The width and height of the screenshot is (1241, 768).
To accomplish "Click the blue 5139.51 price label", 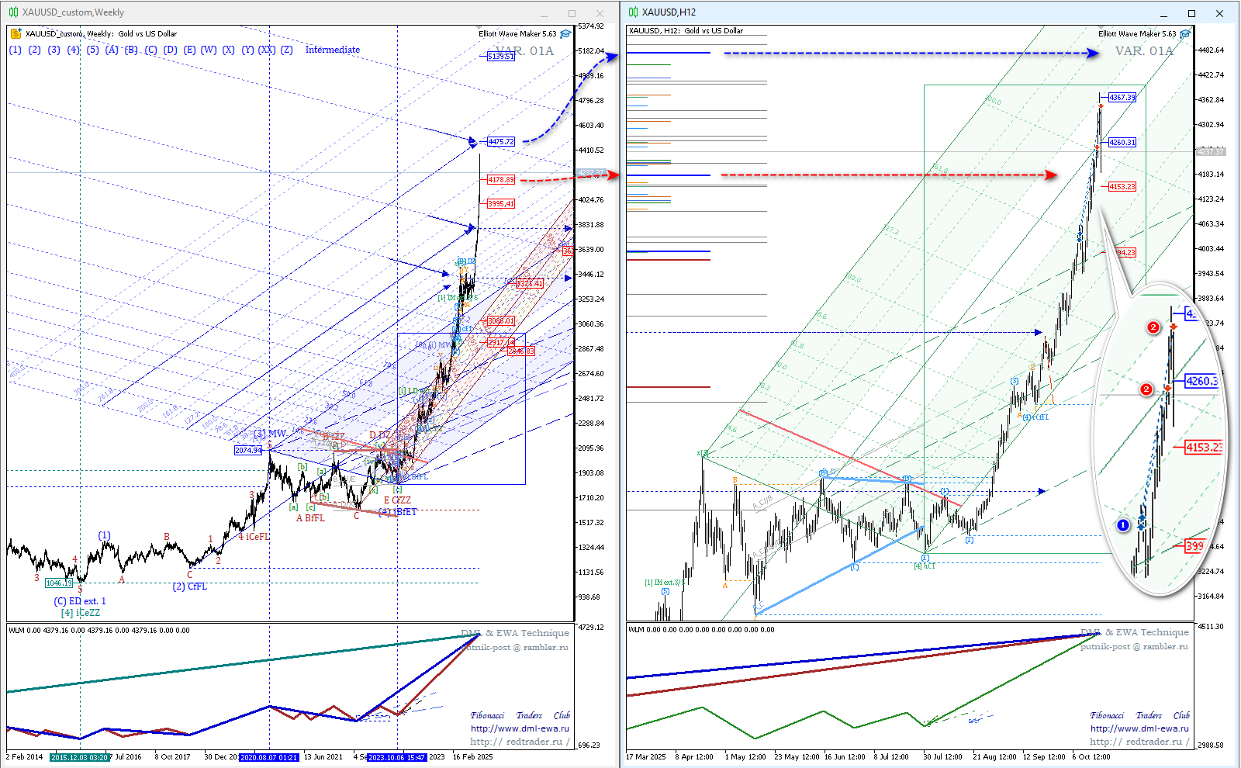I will pos(501,57).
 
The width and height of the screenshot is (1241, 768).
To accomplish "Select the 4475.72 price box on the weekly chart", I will pos(501,142).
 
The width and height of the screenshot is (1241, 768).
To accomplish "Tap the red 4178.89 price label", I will pos(501,180).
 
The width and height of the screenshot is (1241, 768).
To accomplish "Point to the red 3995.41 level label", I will pos(501,204).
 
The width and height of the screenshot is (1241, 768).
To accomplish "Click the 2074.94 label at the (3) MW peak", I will pos(248,451).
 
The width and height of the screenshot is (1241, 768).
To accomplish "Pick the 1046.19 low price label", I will pos(58,583).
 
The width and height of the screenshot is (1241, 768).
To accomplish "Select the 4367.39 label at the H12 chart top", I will pos(1122,98).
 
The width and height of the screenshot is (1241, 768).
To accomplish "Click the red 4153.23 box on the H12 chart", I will pos(1122,187).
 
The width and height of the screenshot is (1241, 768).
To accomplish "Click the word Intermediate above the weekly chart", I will pos(332,50).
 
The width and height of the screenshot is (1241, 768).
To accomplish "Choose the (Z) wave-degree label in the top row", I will pos(286,50).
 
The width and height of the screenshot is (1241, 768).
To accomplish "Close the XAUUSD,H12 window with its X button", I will pos(1219,13).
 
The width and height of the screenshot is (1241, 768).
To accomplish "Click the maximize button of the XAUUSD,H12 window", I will pos(1191,13).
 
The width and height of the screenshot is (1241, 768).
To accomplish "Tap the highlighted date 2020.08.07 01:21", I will pos(268,757).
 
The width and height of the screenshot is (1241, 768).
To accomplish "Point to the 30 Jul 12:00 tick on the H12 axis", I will pos(942,757).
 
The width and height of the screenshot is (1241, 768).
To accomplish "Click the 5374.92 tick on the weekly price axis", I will pos(590,26).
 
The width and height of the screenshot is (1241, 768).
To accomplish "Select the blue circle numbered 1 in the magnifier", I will pos(1123,525).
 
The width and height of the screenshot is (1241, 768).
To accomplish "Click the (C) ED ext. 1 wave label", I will pos(80,601).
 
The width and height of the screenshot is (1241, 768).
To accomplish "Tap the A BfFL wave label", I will pos(310,518).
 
